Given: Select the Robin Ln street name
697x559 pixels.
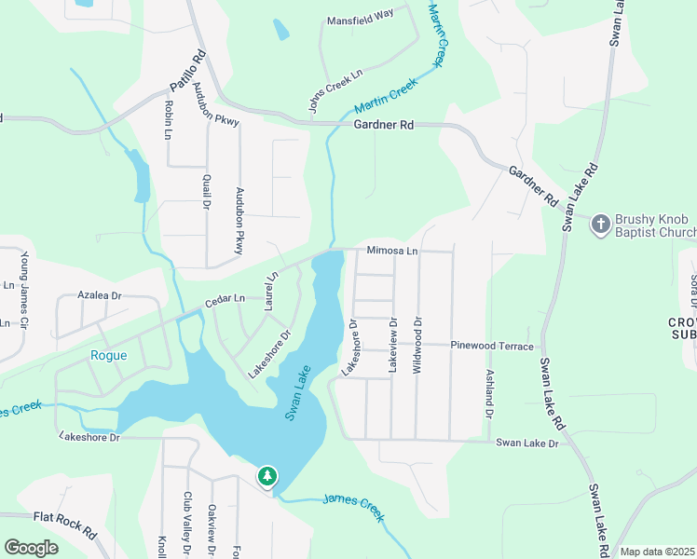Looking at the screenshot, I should point(169,120).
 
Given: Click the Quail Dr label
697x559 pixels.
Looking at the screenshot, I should point(205,192).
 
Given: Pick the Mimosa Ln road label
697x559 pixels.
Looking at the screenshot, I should point(392,251).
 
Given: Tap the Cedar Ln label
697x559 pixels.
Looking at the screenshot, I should point(225,299).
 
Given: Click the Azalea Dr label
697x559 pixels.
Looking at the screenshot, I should point(100,294).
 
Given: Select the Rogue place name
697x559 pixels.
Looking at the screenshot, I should point(108,354).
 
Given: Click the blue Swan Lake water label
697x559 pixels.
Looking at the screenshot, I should point(297,397).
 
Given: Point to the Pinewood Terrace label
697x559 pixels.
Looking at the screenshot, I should point(493,346).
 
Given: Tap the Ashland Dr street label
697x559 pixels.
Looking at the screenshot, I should point(488,393).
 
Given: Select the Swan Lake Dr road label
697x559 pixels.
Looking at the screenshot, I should point(526,443).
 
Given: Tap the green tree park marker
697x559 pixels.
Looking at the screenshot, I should point(267,477).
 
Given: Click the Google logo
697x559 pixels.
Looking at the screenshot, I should point(31,548).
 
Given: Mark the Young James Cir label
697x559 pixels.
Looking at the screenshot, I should point(25,280).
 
